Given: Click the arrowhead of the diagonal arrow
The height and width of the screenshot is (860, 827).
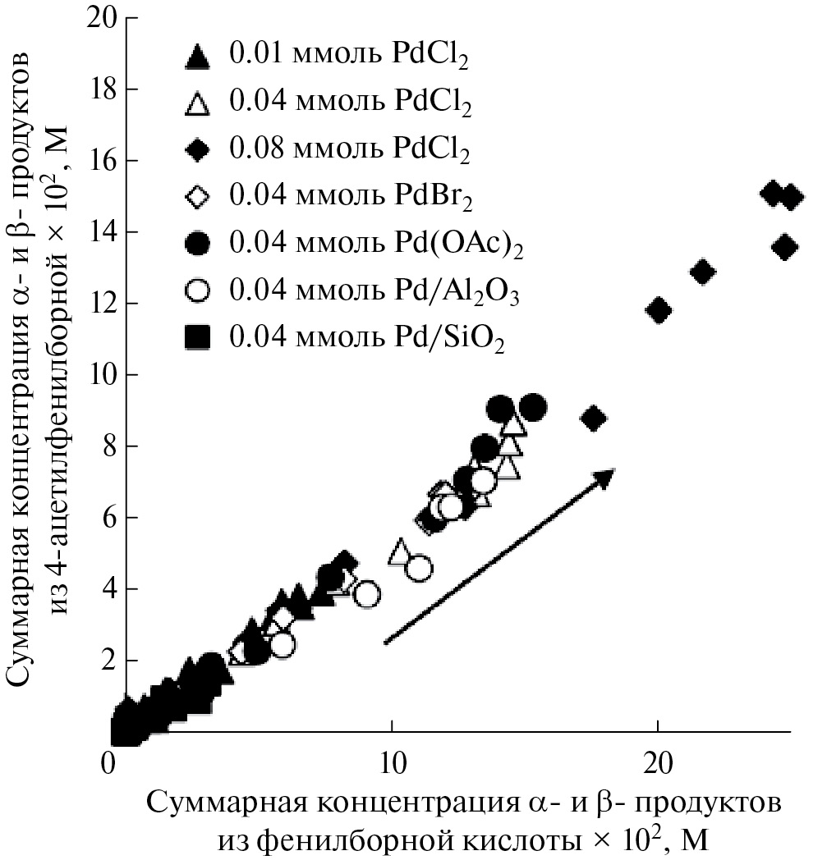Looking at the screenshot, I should click(x=605, y=477).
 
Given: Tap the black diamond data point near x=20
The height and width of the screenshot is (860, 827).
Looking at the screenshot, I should click(x=659, y=309).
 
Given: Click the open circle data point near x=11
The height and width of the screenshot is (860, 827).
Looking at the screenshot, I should click(x=419, y=568).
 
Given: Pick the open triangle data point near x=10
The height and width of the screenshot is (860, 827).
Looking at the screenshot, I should click(x=400, y=551).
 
